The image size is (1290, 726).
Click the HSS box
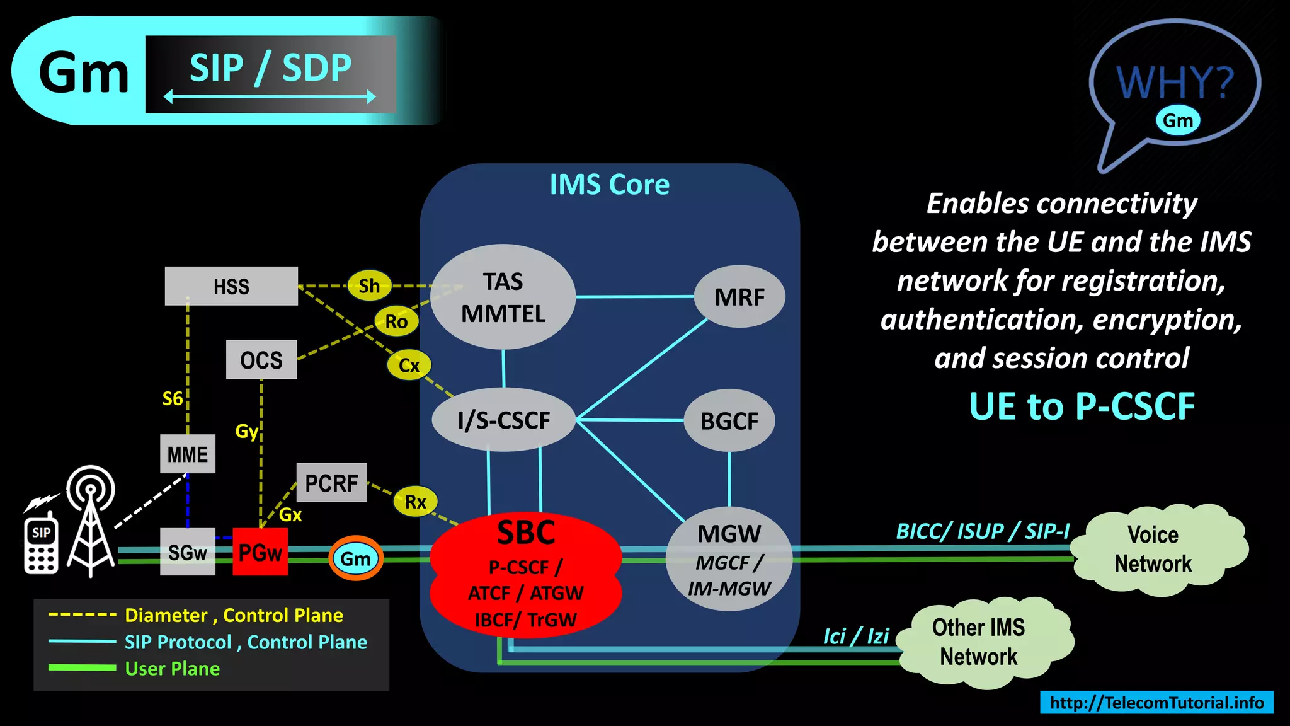click(231, 286)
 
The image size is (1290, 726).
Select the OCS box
click(261, 360)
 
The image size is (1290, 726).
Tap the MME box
click(188, 454)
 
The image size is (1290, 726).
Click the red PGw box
click(260, 552)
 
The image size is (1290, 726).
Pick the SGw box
click(188, 552)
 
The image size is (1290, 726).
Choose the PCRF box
click(331, 483)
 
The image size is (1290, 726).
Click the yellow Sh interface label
click(369, 286)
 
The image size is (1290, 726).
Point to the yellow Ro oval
click(396, 321)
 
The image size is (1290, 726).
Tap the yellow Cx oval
click(409, 365)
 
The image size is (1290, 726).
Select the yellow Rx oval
click(415, 502)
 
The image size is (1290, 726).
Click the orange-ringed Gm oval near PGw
click(355, 558)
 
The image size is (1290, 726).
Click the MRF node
click(739, 297)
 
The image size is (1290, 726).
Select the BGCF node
click(729, 420)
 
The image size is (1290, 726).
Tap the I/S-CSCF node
click(504, 420)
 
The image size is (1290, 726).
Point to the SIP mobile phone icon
click(41, 546)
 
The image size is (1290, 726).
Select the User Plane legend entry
click(172, 668)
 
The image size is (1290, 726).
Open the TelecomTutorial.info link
click(1156, 702)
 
